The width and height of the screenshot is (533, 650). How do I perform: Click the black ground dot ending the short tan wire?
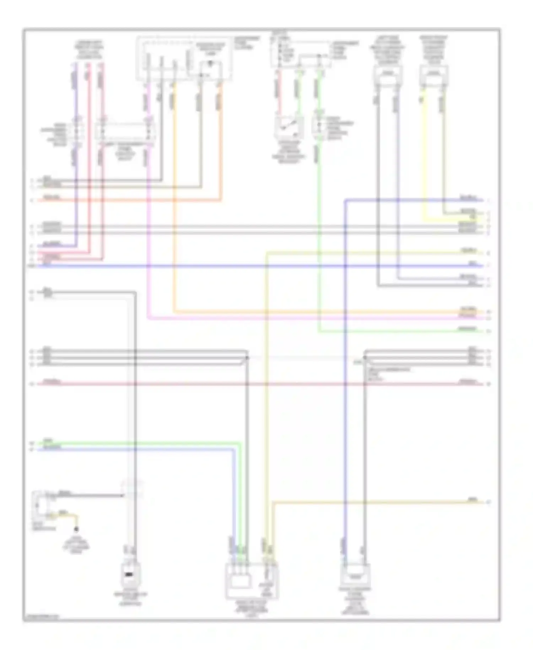tap(76, 529)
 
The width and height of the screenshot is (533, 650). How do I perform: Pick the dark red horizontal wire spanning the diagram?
tap(249, 384)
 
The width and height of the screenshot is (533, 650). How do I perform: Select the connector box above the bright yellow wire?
tap(434, 74)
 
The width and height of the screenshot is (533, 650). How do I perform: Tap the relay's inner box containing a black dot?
tap(210, 70)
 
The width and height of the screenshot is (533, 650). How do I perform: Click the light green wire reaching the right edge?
tap(391, 332)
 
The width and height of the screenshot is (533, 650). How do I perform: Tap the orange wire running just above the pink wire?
tap(284, 312)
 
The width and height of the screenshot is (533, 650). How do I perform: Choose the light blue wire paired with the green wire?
tap(142, 449)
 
